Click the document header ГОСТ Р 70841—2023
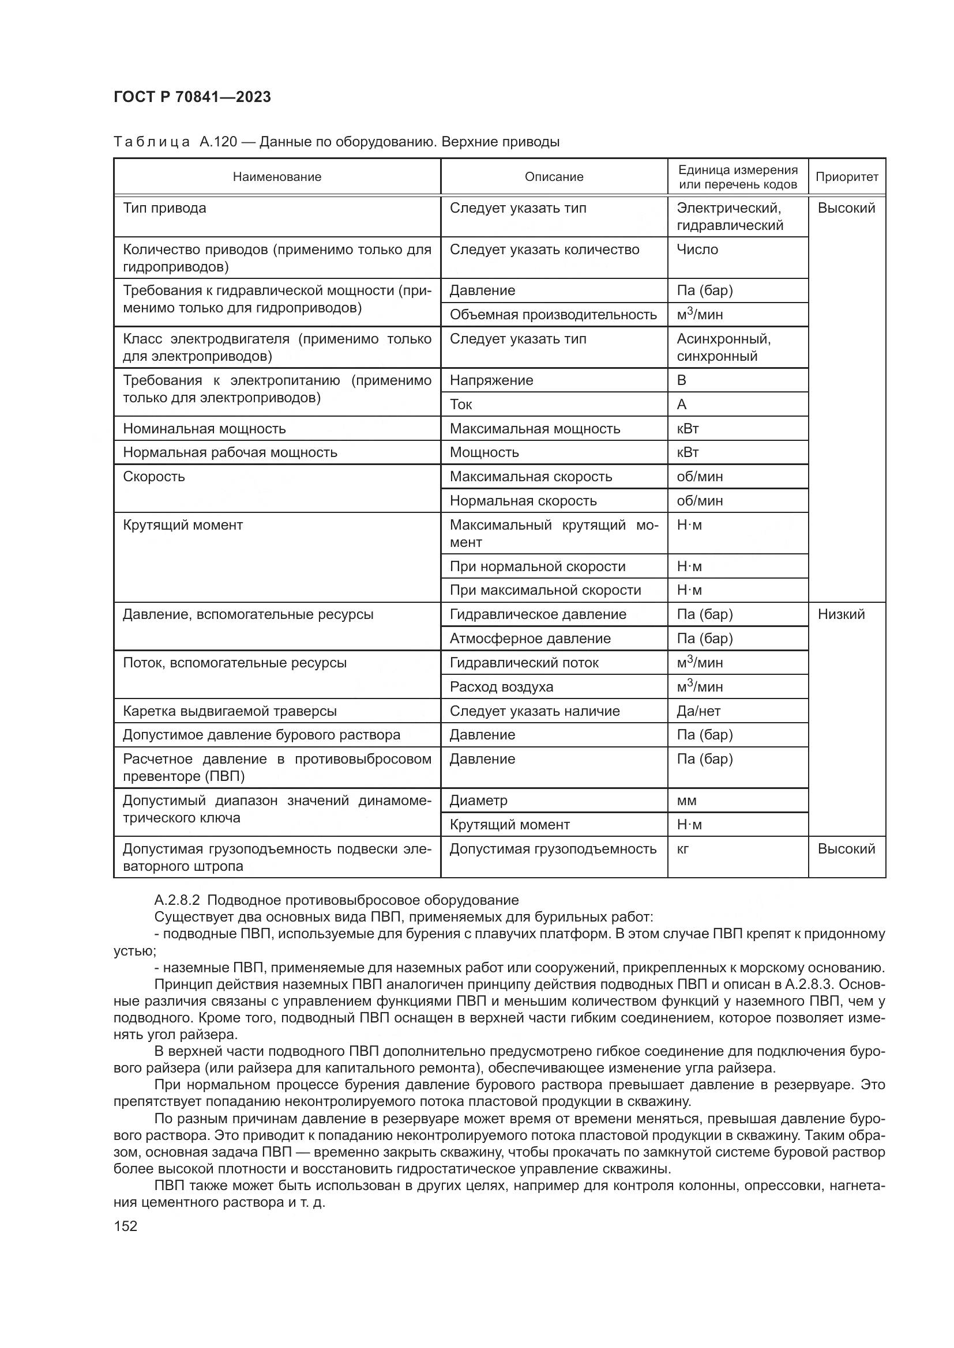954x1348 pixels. tap(192, 97)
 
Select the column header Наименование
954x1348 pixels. tap(277, 177)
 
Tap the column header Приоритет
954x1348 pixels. tap(847, 177)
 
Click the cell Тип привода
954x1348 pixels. tap(164, 209)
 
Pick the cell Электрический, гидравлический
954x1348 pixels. tap(730, 217)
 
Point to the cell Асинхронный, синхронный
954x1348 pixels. tap(724, 348)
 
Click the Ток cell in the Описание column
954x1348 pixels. tap(461, 405)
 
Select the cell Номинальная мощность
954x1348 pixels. tap(204, 429)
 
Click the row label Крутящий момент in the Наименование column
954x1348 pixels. tap(183, 525)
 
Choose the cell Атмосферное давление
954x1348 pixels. tap(530, 638)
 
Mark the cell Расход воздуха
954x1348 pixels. tap(501, 687)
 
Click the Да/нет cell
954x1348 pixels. tap(698, 711)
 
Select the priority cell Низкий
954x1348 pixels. tap(840, 615)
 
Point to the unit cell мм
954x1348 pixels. tap(686, 801)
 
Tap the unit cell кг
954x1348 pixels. tap(682, 849)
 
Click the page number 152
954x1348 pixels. tap(125, 1226)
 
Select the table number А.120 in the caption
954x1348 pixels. tap(217, 142)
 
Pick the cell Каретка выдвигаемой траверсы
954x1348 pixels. tap(230, 712)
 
